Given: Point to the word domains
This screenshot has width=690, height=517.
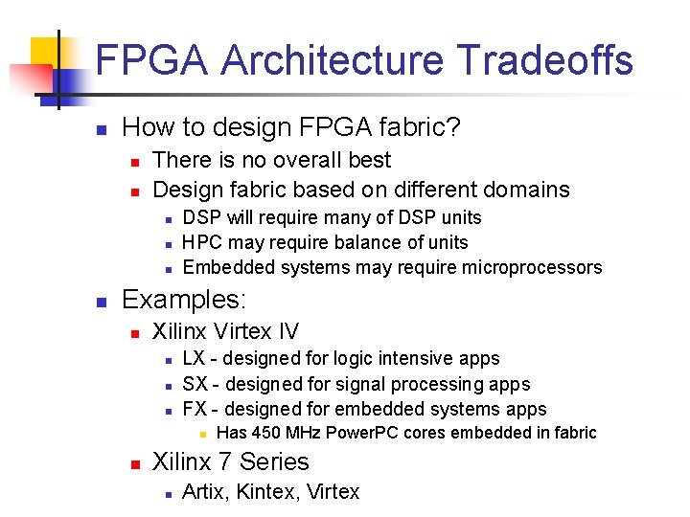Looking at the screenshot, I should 527,190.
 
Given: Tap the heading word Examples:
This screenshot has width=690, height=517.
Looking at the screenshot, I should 184,300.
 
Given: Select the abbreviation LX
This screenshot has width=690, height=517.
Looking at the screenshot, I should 195,359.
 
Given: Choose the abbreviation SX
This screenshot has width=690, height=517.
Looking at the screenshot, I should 195,384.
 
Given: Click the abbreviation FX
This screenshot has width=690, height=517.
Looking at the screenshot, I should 195,409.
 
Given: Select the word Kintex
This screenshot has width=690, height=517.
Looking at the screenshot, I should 268,492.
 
